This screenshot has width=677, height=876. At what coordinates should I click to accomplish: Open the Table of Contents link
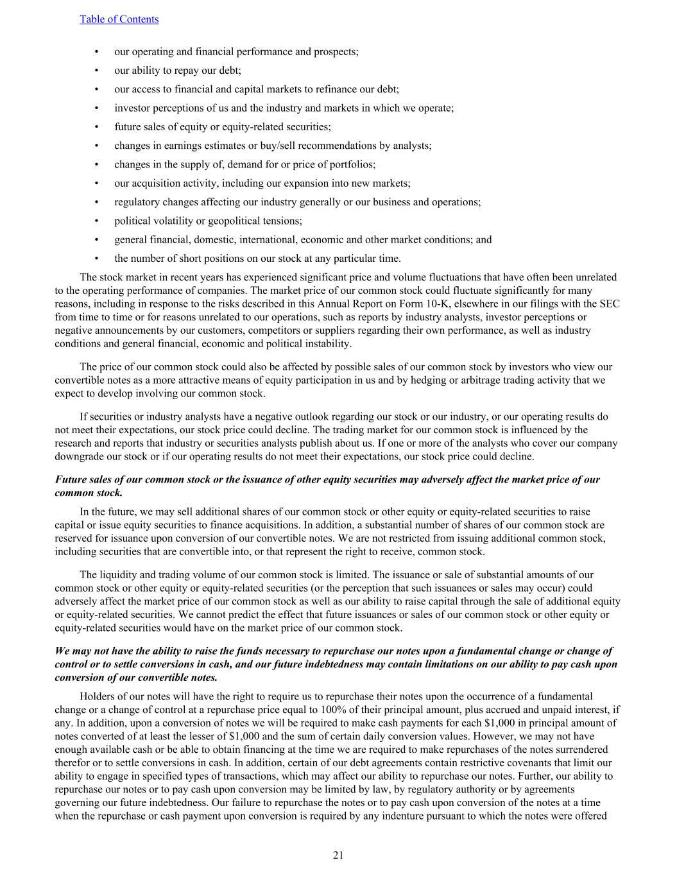(119, 19)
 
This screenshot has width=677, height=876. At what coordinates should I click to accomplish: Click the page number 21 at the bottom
(338, 855)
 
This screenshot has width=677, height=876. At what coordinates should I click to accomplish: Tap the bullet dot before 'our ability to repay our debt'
(96, 71)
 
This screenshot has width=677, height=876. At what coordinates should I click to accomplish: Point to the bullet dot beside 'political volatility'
(96, 221)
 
